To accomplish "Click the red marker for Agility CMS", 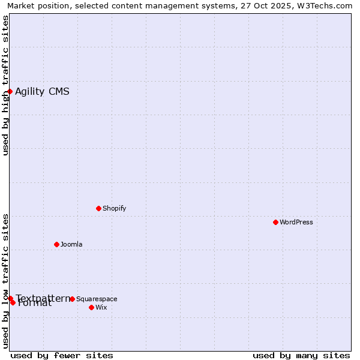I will (10, 91).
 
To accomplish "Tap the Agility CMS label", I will (42, 91).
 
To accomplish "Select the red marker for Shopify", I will (98, 208).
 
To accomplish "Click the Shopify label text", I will (114, 208).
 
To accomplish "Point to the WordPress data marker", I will (275, 222).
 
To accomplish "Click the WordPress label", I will (296, 222).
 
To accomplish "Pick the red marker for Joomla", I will (56, 244).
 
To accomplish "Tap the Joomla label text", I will (71, 244).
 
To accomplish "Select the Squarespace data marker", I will (72, 299).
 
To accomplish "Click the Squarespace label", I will (97, 299).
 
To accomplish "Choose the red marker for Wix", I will (91, 307).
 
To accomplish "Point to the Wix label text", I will (101, 307).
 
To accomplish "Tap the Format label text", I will (35, 304).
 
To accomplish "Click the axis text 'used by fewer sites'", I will (62, 355).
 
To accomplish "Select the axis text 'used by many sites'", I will (301, 355).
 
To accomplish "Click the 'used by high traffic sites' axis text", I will (5, 85).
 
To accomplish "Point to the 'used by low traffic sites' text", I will (5, 281).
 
